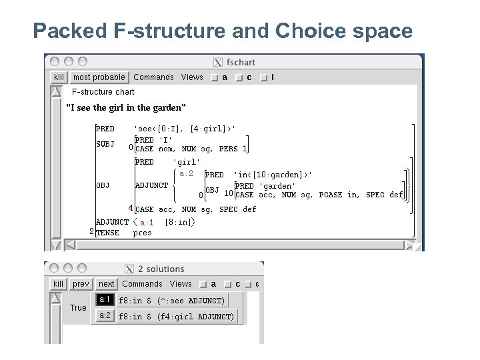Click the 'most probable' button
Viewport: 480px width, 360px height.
99,77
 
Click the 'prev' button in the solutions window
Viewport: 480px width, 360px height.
81,284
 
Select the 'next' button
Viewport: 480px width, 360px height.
107,284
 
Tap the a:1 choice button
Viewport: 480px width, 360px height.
105,300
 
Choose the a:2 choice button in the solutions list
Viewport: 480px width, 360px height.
105,316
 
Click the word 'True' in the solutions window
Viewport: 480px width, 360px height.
78,308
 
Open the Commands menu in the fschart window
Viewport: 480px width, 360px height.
153,77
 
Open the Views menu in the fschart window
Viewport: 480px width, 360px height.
192,77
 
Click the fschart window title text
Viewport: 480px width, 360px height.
241,63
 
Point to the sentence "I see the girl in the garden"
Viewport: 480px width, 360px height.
126,107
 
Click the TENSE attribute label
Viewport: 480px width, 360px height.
107,233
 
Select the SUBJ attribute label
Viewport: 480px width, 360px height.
105,144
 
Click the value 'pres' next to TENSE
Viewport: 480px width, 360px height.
143,233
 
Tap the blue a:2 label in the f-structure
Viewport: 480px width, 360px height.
187,174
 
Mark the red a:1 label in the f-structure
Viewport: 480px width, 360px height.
147,223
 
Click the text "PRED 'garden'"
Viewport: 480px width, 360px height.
265,186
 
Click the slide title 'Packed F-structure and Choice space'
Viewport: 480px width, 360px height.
223,31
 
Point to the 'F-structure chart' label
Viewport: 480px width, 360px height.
103,92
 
